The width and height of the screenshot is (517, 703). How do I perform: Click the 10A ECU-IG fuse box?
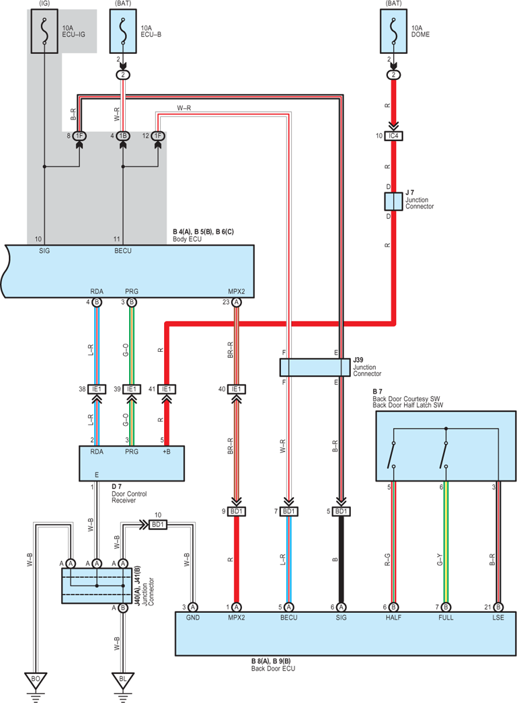pos(44,31)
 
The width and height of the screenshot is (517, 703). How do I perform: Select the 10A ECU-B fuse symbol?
pos(123,31)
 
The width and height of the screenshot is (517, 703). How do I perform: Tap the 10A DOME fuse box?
pos(393,31)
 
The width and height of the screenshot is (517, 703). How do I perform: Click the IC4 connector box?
pos(393,135)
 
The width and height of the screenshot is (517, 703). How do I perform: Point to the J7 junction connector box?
pos(393,201)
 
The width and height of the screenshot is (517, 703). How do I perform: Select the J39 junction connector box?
pos(315,367)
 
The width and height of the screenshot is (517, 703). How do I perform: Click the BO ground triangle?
pos(36,680)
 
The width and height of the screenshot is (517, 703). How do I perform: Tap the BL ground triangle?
pos(123,680)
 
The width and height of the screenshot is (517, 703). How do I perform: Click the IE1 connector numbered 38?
pos(96,389)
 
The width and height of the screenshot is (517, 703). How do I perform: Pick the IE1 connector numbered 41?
pos(166,389)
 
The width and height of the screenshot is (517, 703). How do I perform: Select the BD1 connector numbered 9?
pos(236,511)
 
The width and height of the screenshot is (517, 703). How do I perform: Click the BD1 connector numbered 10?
pos(158,524)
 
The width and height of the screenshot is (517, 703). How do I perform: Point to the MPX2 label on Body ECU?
pos(237,291)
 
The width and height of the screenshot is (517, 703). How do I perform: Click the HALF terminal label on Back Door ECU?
pos(393,618)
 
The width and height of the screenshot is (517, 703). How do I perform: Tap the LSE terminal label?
pos(498,618)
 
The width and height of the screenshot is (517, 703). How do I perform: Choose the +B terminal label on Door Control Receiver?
pos(166,451)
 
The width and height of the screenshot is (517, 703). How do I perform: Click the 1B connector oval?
pos(123,136)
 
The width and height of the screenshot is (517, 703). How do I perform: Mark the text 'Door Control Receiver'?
pos(129,496)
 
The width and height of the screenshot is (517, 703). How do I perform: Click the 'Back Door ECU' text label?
pos(273,669)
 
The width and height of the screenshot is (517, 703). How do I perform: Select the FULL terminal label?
pos(446,618)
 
